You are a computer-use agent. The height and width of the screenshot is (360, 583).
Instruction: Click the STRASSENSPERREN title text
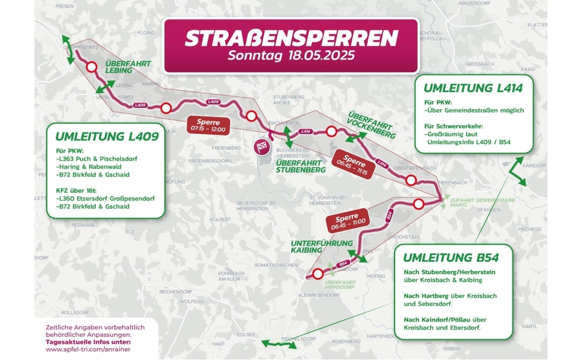tap(291, 38)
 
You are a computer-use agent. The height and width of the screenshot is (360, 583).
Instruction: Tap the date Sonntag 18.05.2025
tap(291, 56)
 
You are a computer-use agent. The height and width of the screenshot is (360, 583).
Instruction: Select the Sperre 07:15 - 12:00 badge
tap(208, 125)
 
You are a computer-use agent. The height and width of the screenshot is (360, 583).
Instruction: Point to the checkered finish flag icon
tap(262, 147)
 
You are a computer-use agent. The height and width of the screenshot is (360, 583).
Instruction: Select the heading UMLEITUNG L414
tap(473, 88)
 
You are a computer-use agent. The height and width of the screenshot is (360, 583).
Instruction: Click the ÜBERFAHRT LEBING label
tap(127, 66)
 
